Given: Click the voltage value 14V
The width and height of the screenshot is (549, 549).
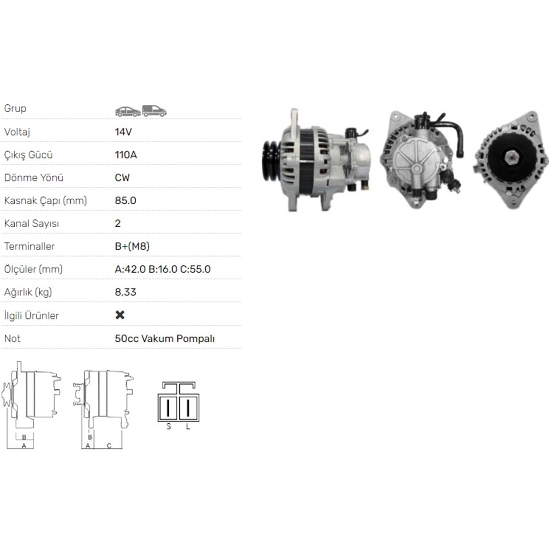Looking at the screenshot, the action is (x=123, y=132).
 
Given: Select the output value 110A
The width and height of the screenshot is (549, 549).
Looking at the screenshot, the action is (x=126, y=155).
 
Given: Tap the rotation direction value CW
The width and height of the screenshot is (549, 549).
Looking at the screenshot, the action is (x=122, y=178).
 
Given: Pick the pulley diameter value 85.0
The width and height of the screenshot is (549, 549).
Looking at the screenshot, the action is (x=126, y=201).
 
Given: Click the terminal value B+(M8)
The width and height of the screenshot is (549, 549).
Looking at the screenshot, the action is (x=132, y=246).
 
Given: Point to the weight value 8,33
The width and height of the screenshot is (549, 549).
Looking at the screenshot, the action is (x=126, y=292).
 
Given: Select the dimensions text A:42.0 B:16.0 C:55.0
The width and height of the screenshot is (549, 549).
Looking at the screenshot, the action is (x=163, y=269).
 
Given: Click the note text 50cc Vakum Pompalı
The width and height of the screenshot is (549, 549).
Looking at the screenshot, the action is (x=165, y=339).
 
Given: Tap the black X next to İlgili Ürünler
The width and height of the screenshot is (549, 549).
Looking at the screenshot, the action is (x=120, y=315).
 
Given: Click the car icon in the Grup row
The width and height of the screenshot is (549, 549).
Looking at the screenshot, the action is (x=128, y=111).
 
